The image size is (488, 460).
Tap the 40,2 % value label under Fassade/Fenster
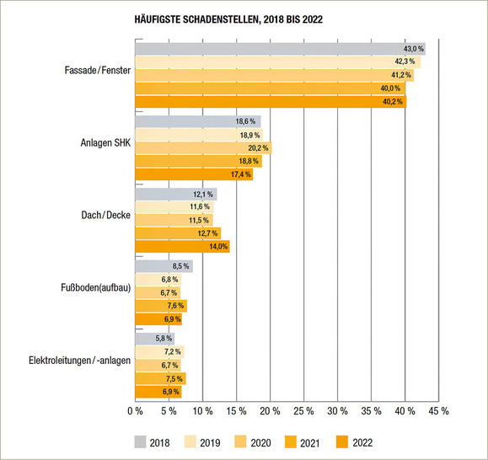392,102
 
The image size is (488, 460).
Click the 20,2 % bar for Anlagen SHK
203,148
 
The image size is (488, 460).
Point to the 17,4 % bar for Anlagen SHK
194,174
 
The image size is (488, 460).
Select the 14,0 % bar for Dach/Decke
182,247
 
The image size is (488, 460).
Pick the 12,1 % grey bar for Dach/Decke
175,195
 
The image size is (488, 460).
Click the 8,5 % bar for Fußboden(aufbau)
164,267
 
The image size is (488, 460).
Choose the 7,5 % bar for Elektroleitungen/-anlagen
160,379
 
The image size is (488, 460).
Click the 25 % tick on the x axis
303,411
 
